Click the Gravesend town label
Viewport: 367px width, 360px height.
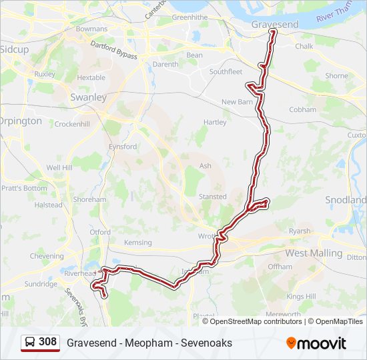(x=274, y=24)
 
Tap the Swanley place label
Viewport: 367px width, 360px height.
(x=88, y=97)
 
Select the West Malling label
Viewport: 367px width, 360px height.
(x=314, y=253)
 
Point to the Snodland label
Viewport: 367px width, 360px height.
(x=346, y=200)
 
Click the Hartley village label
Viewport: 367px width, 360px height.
(x=215, y=123)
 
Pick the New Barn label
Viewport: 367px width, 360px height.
(x=238, y=102)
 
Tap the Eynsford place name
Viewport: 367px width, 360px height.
(x=123, y=147)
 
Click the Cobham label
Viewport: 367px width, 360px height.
(x=302, y=110)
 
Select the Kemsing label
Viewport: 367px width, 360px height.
(x=138, y=243)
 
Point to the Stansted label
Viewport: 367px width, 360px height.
(x=212, y=197)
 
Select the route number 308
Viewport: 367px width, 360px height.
(x=48, y=342)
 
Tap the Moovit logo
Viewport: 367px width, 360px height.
(x=316, y=343)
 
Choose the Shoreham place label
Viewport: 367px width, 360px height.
(x=89, y=199)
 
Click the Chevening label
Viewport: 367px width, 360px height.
(x=47, y=256)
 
